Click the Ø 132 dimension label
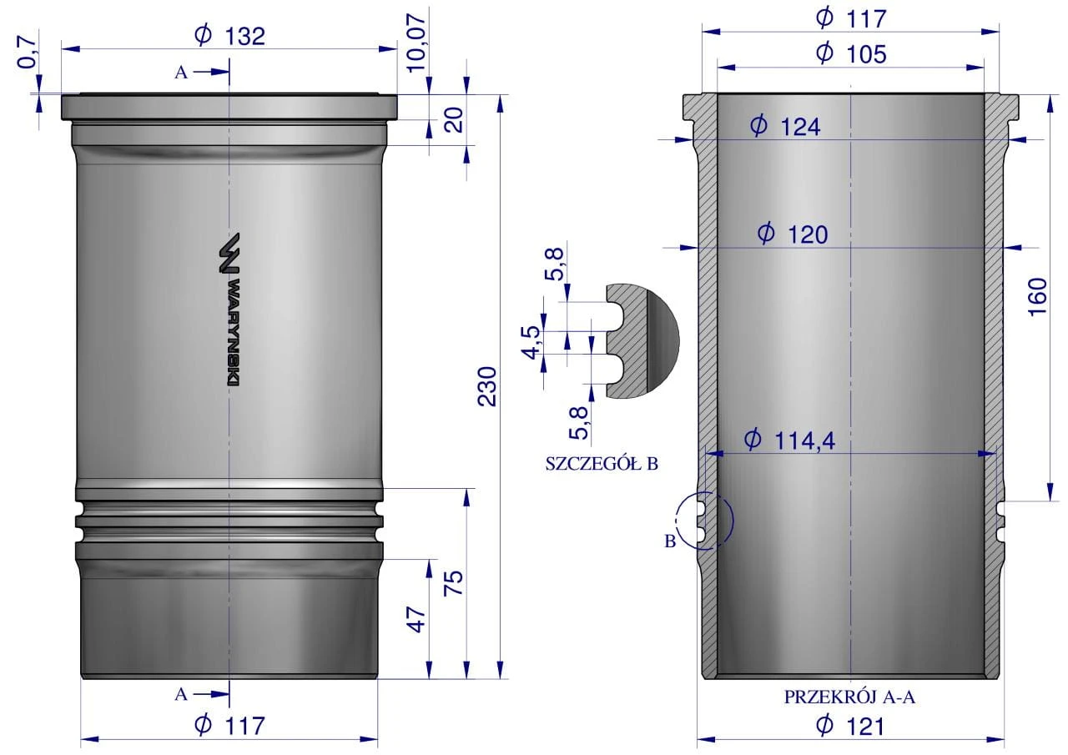point(229,36)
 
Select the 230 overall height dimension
point(487,386)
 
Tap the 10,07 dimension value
point(416,43)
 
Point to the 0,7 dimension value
point(28,52)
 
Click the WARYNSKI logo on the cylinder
point(229,310)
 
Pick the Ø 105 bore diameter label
point(851,54)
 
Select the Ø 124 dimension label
point(785,127)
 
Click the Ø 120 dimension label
point(793,234)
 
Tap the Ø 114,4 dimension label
point(789,440)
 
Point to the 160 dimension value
point(1037,296)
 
